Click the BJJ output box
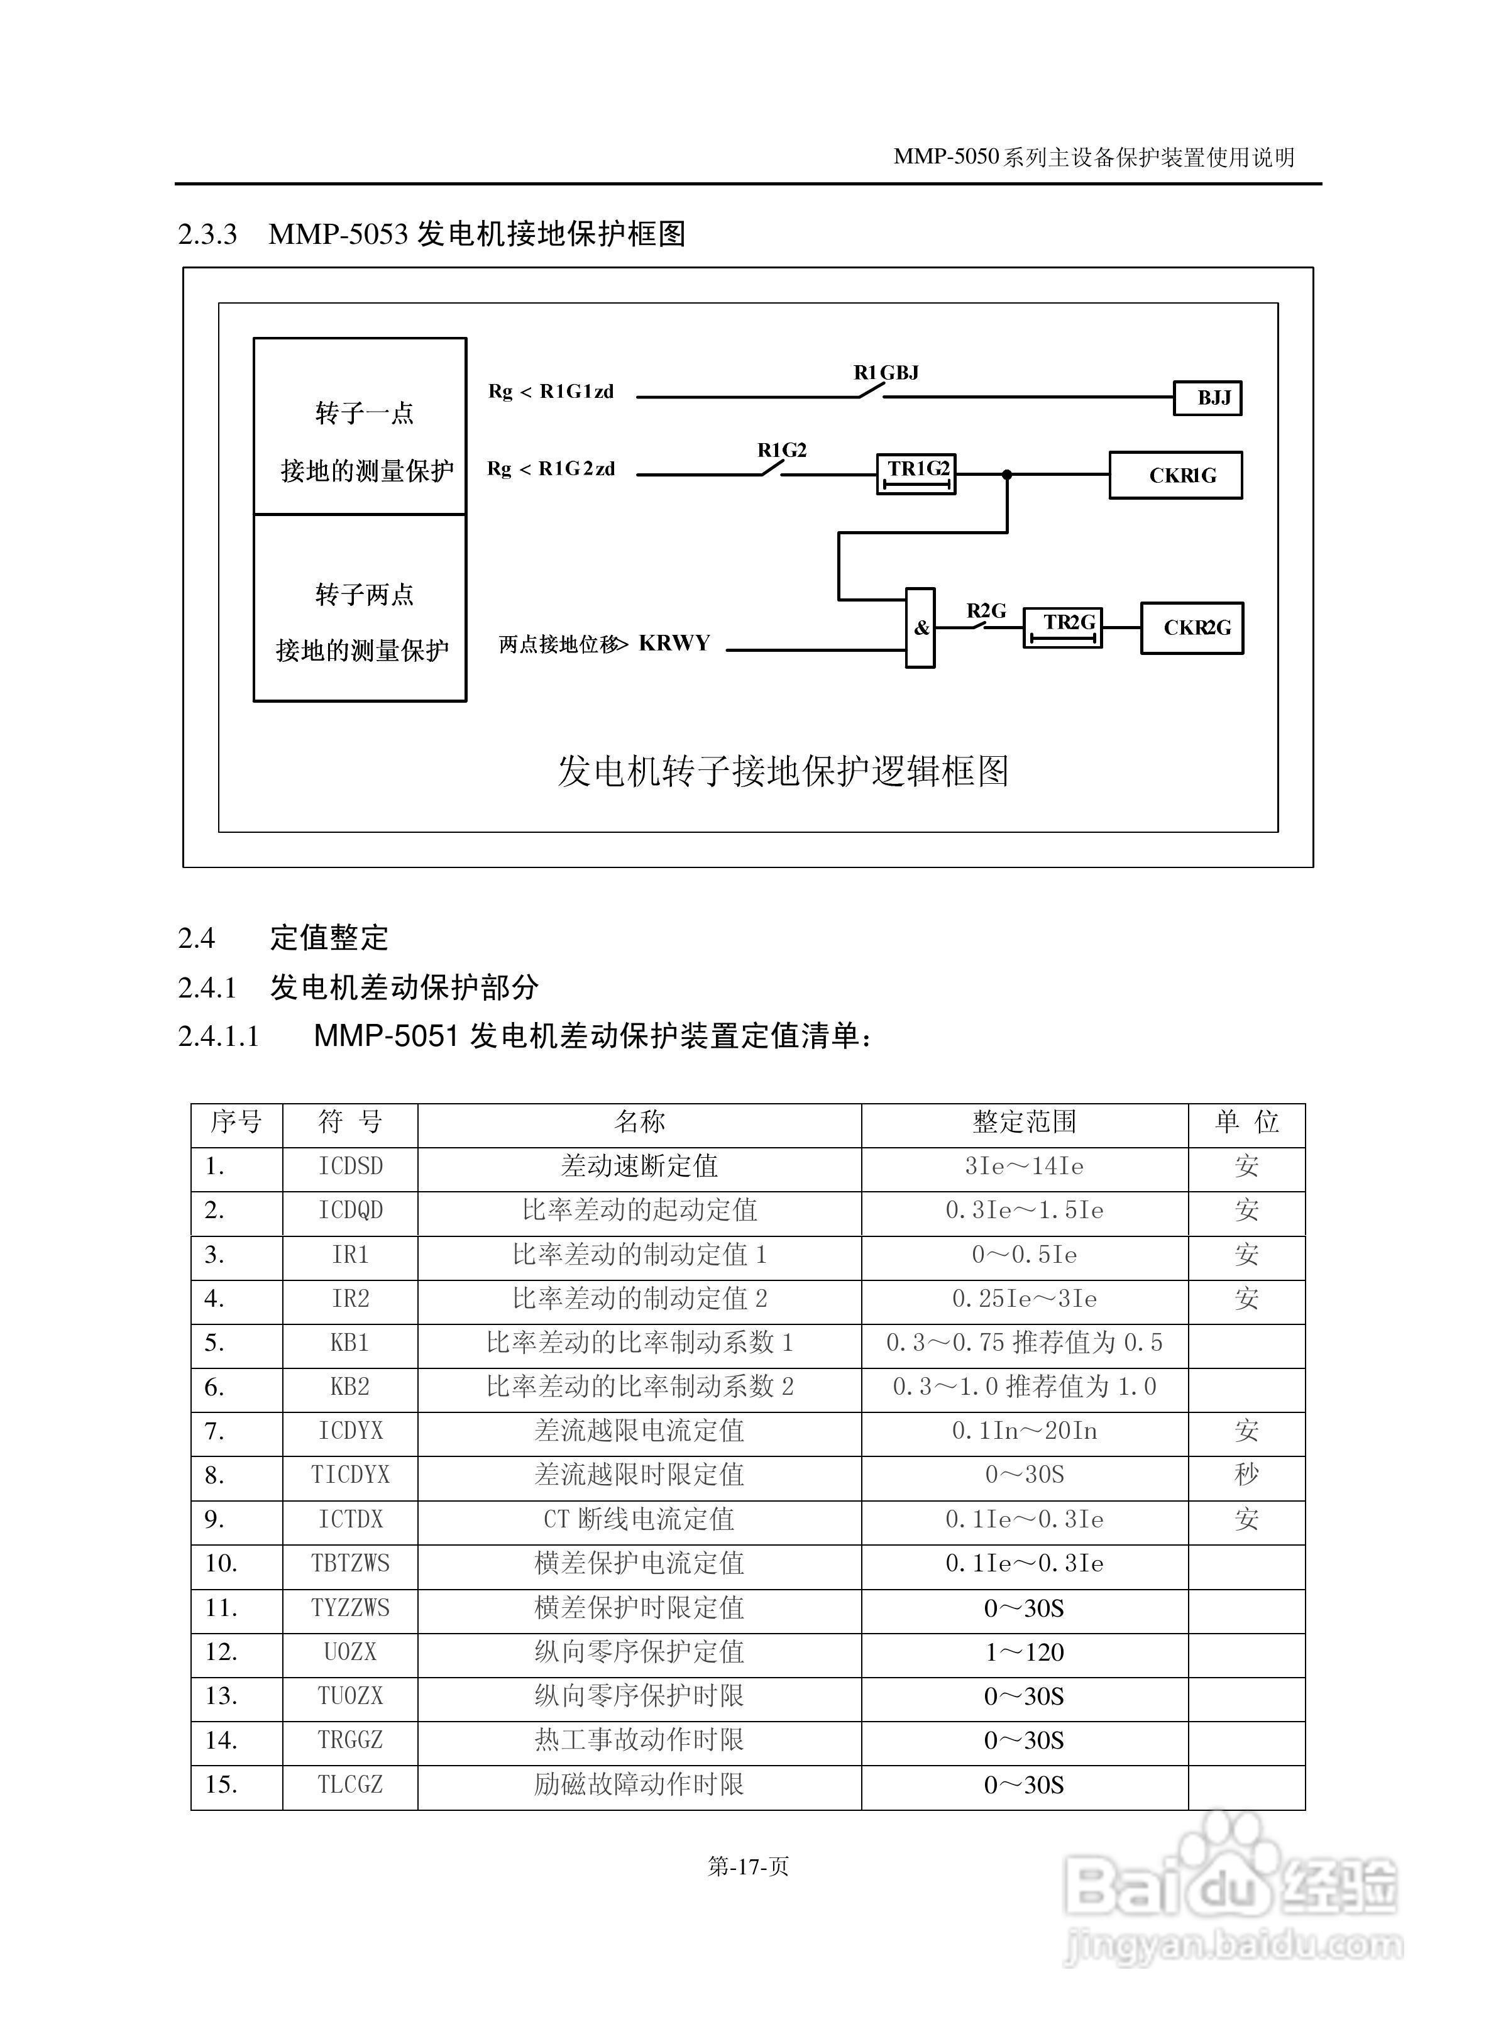1206,399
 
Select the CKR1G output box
1175,475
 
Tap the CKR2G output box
1191,627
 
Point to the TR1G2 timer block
916,473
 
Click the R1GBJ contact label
886,373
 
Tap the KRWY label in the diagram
674,644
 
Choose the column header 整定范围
1024,1123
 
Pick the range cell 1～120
1024,1653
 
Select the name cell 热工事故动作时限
639,1741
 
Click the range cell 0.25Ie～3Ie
1024,1300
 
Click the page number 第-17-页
748,1867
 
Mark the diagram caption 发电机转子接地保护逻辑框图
783,771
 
